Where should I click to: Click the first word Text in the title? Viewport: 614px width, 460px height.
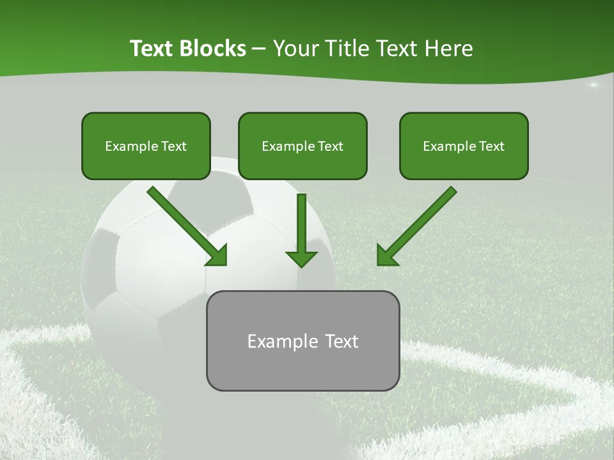pos(153,49)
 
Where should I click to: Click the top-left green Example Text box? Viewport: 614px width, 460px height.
pos(146,146)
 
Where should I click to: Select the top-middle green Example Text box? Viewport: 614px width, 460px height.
pos(303,146)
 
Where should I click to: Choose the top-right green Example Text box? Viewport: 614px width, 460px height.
pos(464,146)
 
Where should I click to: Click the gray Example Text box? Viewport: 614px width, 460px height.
pos(303,341)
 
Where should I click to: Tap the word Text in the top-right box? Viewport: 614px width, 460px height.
pos(491,146)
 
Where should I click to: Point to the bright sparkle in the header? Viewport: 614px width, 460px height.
pos(593,84)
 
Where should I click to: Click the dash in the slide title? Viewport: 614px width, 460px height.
pos(259,49)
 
